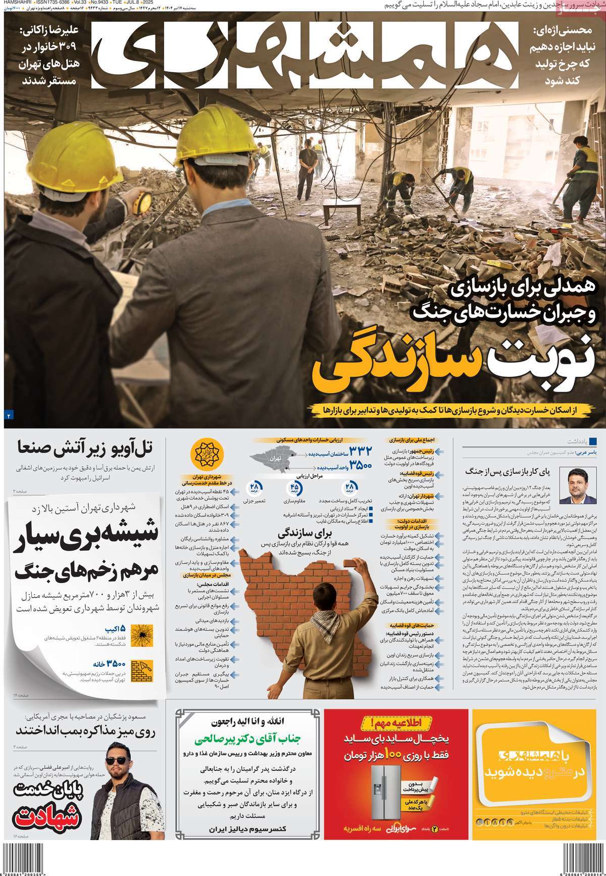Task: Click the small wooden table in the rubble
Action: click(341, 208)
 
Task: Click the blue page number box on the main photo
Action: click(9, 415)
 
